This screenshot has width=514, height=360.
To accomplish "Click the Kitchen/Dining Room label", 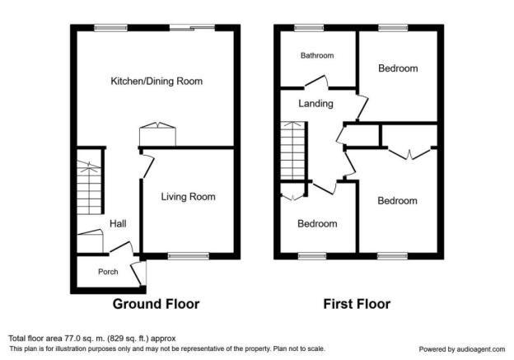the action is click(x=157, y=81).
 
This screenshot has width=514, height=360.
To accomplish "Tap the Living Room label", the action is click(x=188, y=196).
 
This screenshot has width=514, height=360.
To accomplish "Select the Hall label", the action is click(x=118, y=223).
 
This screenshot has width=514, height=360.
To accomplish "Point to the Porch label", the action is click(x=108, y=272).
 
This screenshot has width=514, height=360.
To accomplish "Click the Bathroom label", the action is click(x=317, y=55).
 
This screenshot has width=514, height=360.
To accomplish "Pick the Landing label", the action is click(x=315, y=104).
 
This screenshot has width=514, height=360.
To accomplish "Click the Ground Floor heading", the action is click(x=156, y=304).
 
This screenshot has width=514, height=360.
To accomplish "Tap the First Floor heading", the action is click(x=357, y=304).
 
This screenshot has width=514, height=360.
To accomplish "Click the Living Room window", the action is click(x=189, y=256).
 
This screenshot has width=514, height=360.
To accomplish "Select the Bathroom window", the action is click(x=309, y=28).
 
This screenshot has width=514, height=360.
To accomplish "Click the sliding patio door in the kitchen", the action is click(x=192, y=28).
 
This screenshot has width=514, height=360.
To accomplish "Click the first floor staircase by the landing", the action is click(x=293, y=151).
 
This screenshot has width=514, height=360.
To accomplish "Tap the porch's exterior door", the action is click(x=138, y=273).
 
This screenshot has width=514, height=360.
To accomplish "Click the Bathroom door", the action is click(x=316, y=82).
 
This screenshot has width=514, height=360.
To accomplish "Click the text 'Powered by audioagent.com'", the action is click(x=462, y=349).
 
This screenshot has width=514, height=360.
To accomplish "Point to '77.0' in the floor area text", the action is click(x=69, y=339).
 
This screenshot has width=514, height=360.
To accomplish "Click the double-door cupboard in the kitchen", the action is click(x=157, y=133).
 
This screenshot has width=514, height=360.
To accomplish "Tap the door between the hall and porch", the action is click(x=122, y=247).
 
